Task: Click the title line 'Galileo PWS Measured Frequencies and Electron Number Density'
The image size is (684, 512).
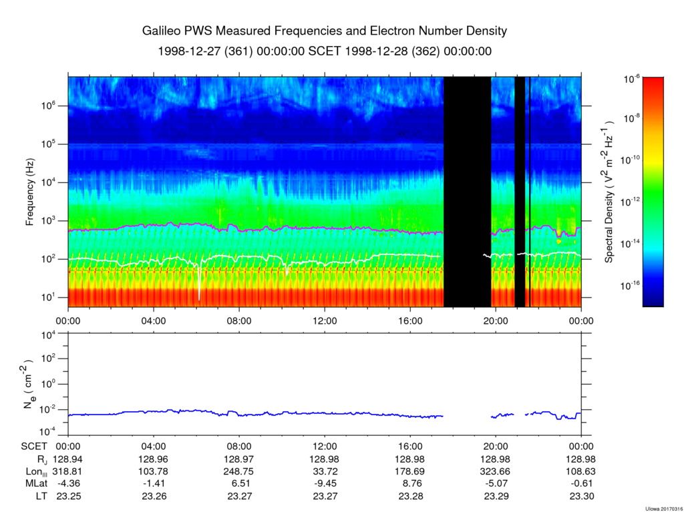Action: pyautogui.click(x=325, y=31)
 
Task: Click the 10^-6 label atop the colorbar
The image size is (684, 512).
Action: pyautogui.click(x=631, y=79)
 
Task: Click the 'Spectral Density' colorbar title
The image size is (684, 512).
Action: pyautogui.click(x=610, y=192)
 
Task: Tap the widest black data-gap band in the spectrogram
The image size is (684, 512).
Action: pyautogui.click(x=467, y=192)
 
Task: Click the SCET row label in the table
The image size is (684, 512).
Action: pyautogui.click(x=33, y=447)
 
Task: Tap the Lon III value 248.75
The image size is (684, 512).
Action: pyautogui.click(x=239, y=471)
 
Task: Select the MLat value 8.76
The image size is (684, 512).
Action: pyautogui.click(x=410, y=483)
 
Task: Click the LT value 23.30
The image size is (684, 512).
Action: pyautogui.click(x=581, y=496)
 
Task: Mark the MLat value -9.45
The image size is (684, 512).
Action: pyautogui.click(x=325, y=483)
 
